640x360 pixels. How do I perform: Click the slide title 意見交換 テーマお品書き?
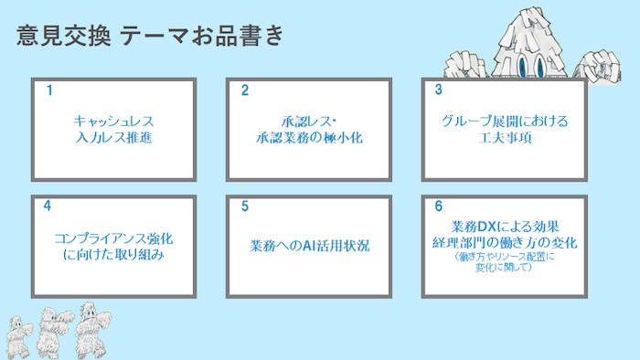pyautogui.click(x=150, y=36)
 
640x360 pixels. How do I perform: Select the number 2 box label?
pyautogui.click(x=245, y=90)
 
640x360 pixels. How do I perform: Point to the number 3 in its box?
pyautogui.click(x=439, y=90)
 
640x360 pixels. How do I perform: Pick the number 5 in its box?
pyautogui.click(x=245, y=206)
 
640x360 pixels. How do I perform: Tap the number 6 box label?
pyautogui.click(x=439, y=206)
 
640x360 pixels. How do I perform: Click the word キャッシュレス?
pyautogui.click(x=114, y=121)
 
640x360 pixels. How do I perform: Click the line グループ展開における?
pyautogui.click(x=505, y=121)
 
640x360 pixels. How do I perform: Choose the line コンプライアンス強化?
pyautogui.click(x=114, y=238)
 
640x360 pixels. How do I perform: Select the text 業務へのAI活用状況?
pyautogui.click(x=310, y=246)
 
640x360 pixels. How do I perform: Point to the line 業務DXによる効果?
pyautogui.click(x=505, y=226)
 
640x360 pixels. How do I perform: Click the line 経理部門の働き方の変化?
pyautogui.click(x=505, y=242)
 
